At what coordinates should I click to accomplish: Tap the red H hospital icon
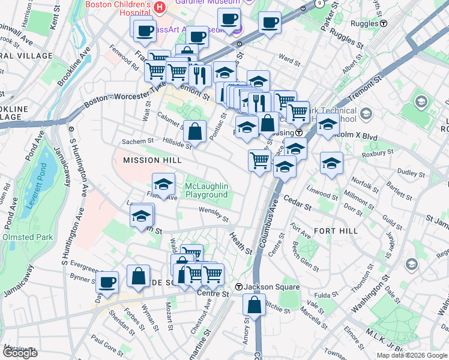(160, 7)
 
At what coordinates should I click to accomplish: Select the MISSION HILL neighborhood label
(152, 160)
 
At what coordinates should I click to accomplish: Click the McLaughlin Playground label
(206, 190)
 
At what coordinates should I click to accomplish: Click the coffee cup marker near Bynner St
(107, 283)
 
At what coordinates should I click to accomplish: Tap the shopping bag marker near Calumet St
(195, 130)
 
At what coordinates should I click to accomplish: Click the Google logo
(20, 353)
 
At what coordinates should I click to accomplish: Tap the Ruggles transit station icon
(383, 24)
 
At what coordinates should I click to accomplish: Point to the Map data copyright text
(411, 355)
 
